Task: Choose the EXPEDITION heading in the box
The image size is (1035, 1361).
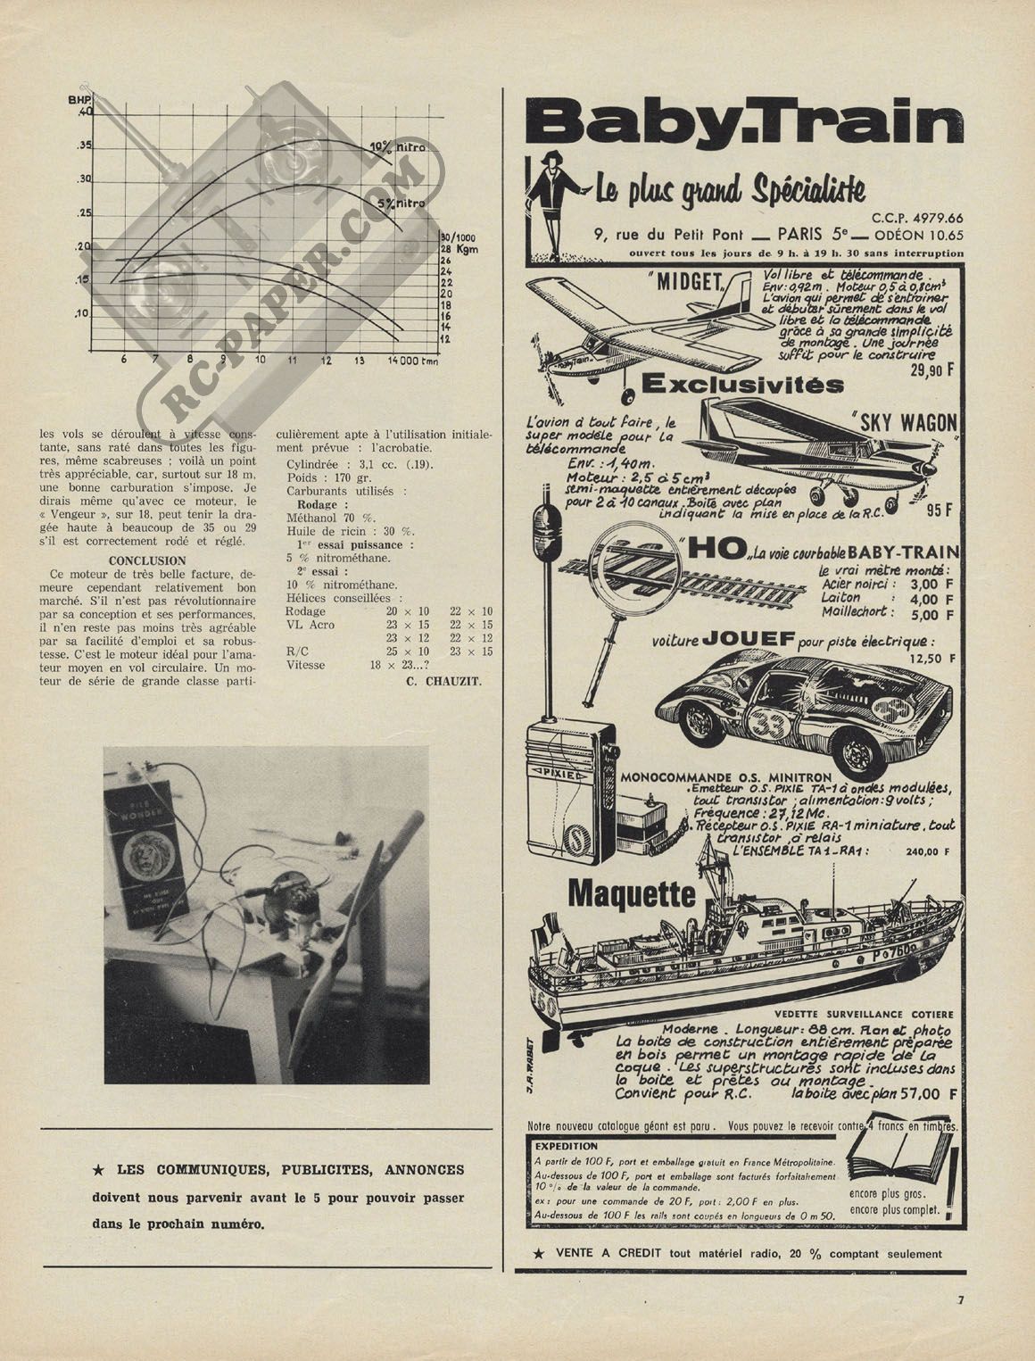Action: (x=567, y=1146)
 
